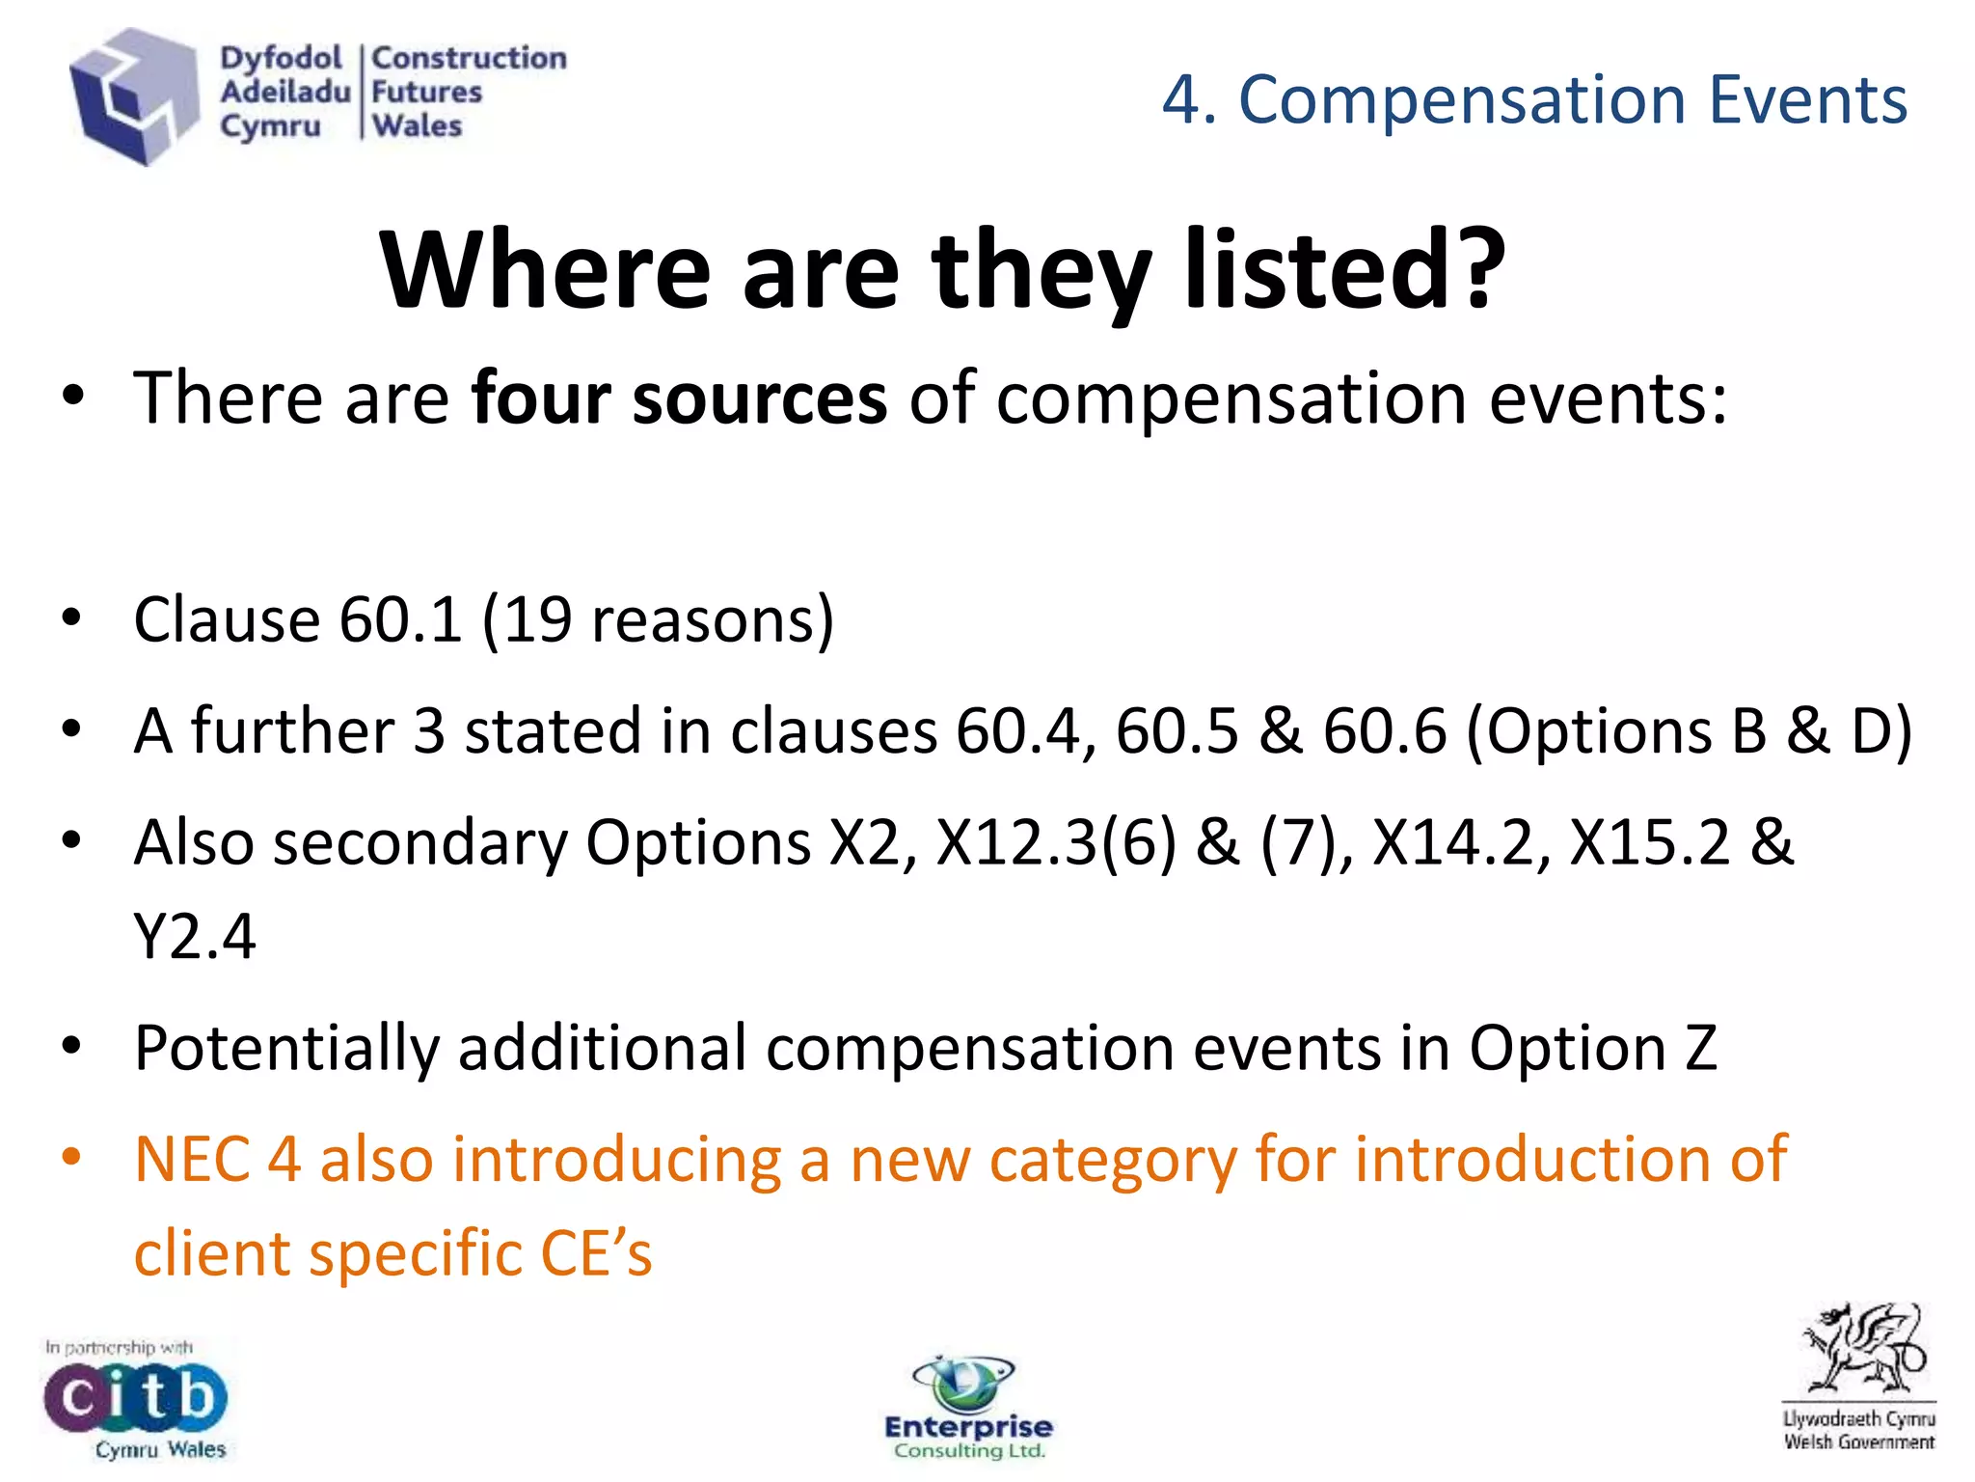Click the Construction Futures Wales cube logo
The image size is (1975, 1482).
(133, 96)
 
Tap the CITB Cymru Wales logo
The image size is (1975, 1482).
(135, 1399)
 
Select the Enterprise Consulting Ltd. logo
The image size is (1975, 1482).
(967, 1409)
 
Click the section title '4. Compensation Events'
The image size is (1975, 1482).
(1533, 99)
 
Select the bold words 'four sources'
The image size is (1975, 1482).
(678, 398)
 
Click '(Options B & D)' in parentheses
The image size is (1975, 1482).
(1689, 730)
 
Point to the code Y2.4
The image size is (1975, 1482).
(194, 936)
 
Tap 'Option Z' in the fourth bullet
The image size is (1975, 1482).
(1592, 1048)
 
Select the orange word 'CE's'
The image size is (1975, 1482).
(596, 1253)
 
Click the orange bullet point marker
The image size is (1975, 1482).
(71, 1156)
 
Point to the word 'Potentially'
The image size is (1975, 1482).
(286, 1048)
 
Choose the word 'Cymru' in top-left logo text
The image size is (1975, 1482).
(270, 126)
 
